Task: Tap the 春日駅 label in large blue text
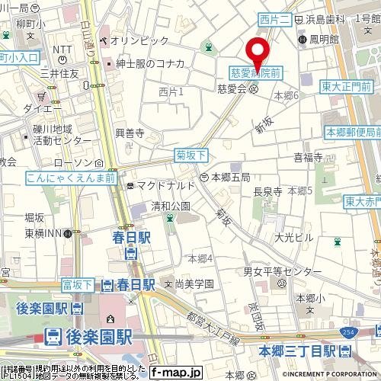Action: pos(134,239)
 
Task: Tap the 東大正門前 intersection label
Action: pos(350,85)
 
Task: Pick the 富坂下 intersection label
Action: pos(77,284)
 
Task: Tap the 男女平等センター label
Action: pos(283,272)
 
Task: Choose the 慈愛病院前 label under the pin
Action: pos(255,72)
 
